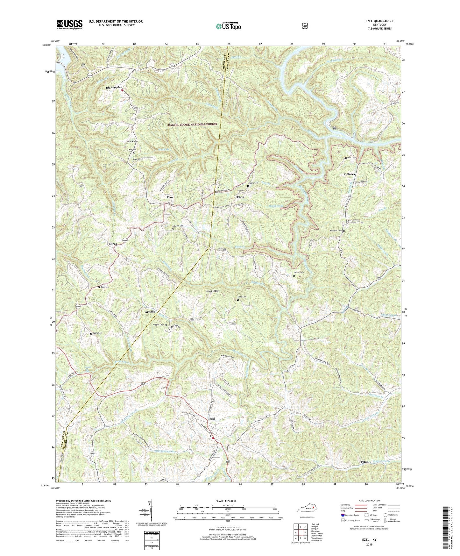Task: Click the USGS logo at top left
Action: (x=69, y=25)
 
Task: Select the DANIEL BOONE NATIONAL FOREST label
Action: (x=193, y=124)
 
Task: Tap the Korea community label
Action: (x=112, y=244)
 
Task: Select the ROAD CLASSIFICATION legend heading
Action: (x=369, y=501)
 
